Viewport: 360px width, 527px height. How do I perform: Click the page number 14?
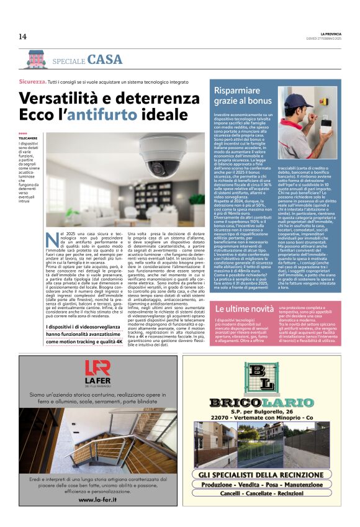click(22, 36)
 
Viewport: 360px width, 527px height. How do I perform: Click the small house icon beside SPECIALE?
click(36, 60)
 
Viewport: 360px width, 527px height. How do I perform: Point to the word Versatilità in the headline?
click(59, 98)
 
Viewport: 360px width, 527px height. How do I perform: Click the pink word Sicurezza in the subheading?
click(33, 82)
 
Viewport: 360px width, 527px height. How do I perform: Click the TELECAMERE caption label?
click(28, 138)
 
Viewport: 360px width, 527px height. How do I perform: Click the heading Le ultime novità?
click(244, 309)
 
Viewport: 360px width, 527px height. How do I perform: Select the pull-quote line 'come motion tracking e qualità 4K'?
click(84, 341)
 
